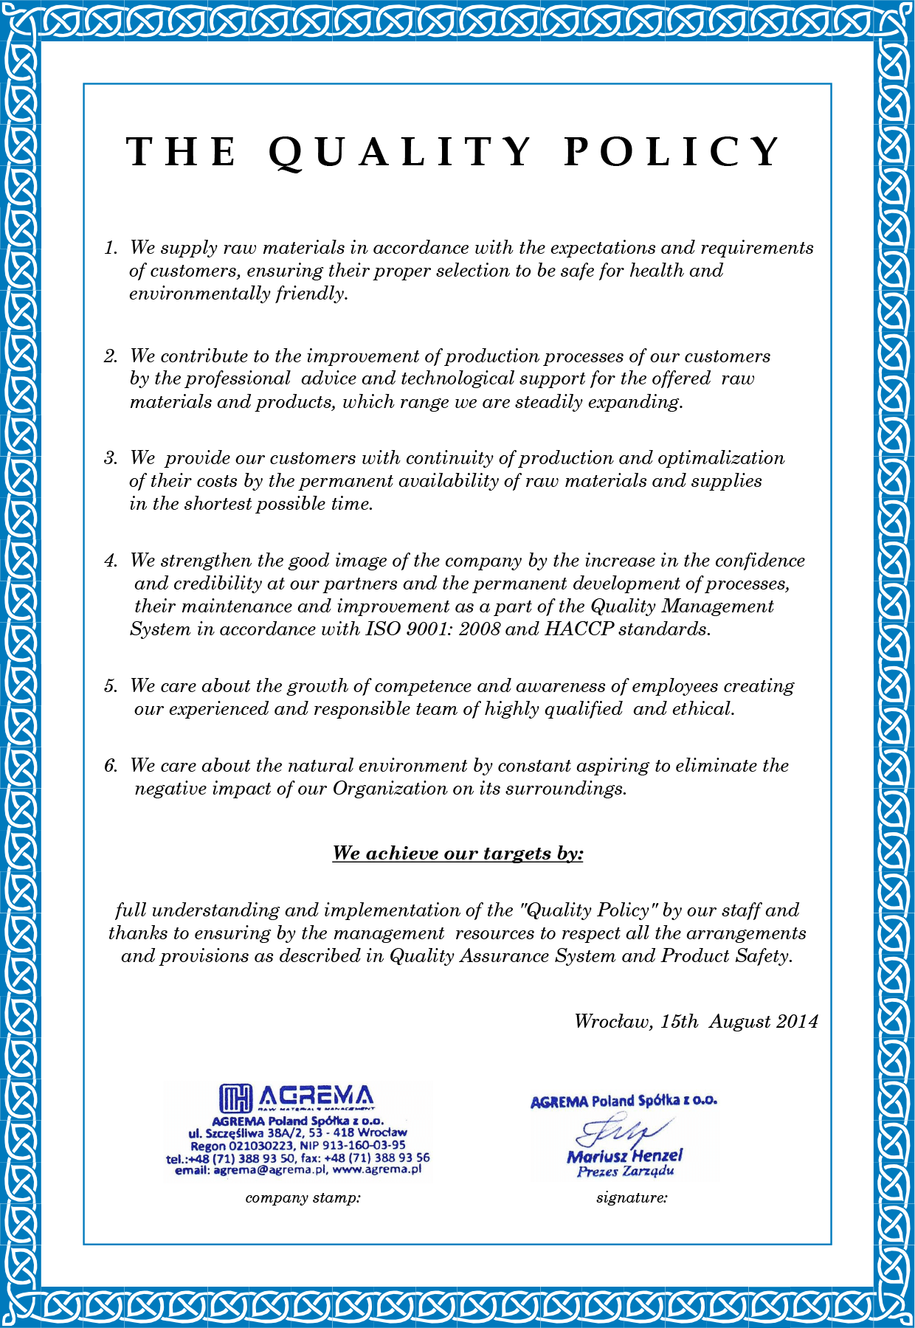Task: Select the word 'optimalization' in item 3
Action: [x=721, y=458]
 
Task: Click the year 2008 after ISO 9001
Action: [x=480, y=629]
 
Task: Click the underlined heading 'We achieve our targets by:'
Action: [x=457, y=854]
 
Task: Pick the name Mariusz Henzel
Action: [x=624, y=1156]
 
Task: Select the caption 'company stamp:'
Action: [x=303, y=1198]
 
